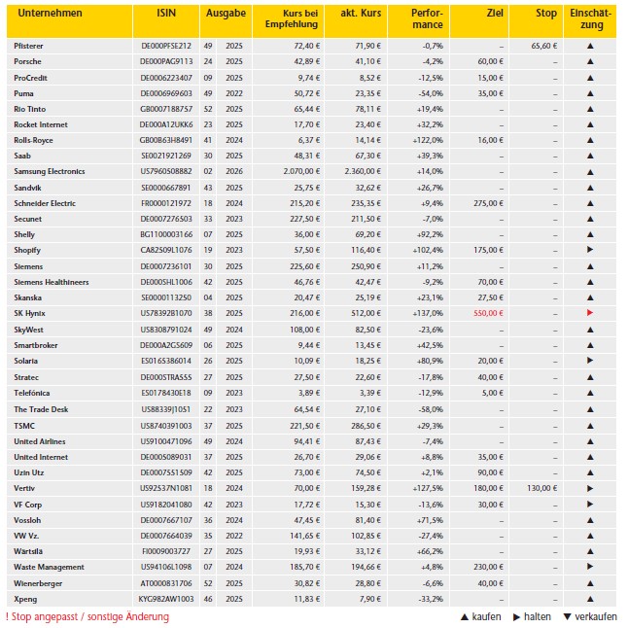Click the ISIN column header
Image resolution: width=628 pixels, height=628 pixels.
(x=166, y=15)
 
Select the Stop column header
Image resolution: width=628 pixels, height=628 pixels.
(x=547, y=15)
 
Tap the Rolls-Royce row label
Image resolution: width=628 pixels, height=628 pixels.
(x=34, y=140)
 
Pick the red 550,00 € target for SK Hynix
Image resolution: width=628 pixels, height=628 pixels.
(x=489, y=313)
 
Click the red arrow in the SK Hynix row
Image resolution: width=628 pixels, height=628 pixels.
(x=589, y=313)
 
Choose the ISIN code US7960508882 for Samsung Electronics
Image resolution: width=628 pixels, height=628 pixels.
(x=166, y=171)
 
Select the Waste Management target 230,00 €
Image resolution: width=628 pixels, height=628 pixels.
(x=488, y=567)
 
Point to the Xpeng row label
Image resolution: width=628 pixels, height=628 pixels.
(x=26, y=598)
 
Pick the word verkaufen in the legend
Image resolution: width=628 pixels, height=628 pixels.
(x=594, y=616)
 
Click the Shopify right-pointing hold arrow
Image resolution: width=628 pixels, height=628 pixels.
(x=589, y=250)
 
